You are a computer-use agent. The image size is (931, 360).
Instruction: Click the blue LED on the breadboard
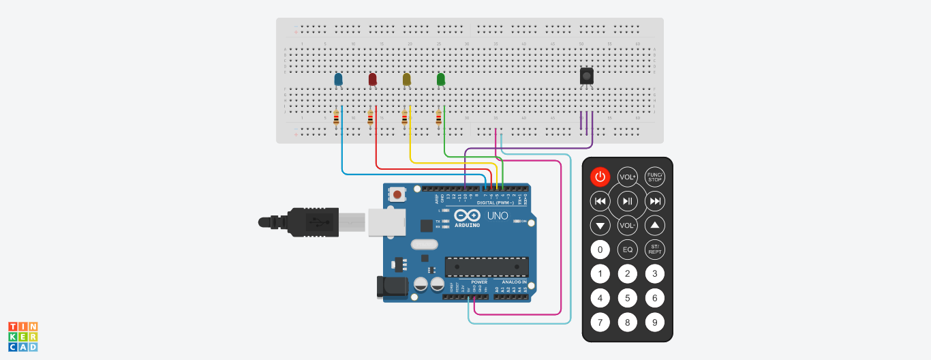pos(338,80)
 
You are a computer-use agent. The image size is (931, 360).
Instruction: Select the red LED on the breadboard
pos(372,80)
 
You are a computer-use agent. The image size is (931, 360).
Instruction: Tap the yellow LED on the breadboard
pos(407,80)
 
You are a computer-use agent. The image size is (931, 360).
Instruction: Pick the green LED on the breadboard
pos(441,80)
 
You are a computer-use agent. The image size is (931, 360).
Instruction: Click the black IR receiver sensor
pos(586,76)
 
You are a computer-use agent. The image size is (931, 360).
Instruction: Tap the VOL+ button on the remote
pos(627,177)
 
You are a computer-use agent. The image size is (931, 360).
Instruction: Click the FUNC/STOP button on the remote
pos(655,177)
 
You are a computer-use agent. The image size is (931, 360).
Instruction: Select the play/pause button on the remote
pos(627,200)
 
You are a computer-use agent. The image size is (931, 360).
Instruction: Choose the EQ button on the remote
pos(627,250)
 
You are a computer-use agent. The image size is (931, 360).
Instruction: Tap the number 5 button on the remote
pos(627,298)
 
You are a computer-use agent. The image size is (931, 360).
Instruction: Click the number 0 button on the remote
pos(600,250)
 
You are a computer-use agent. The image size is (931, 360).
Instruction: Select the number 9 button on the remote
pos(655,322)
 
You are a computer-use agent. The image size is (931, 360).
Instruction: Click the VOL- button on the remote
pos(627,224)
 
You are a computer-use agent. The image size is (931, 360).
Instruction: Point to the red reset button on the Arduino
pos(397,195)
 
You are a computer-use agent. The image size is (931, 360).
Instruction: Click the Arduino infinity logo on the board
pos(468,215)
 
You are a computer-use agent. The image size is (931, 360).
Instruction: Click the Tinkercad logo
pos(22,337)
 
